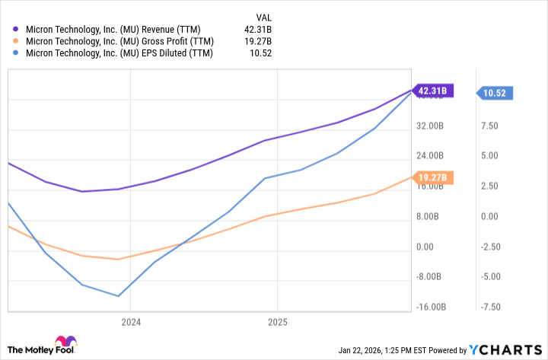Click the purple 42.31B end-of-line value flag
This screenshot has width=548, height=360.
(432, 91)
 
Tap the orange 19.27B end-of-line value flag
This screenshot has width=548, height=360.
(432, 177)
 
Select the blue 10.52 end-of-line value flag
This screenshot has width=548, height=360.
(496, 93)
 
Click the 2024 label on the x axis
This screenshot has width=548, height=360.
(130, 322)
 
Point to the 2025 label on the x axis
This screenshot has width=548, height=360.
(277, 322)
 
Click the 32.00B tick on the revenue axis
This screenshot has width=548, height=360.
(430, 126)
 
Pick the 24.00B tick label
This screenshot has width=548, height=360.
(430, 156)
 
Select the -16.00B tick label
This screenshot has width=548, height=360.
(430, 307)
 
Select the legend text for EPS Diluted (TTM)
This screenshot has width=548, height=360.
(119, 53)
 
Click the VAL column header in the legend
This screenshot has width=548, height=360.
(262, 16)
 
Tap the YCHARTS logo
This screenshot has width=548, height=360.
(505, 349)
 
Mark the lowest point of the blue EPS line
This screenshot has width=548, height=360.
(118, 296)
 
